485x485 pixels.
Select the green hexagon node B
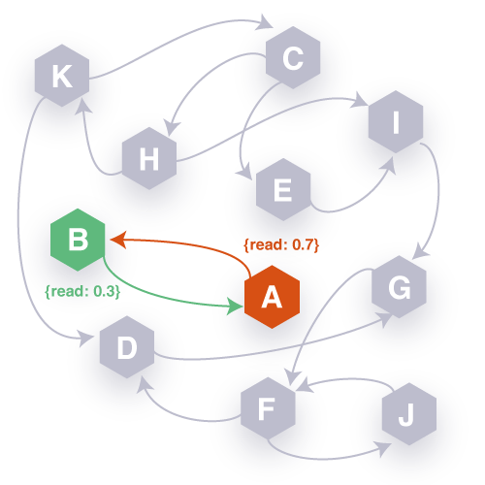pyautogui.click(x=78, y=239)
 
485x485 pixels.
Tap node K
pyautogui.click(x=61, y=77)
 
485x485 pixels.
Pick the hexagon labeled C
pyautogui.click(x=293, y=60)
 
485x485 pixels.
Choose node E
pyautogui.click(x=282, y=190)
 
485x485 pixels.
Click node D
pyautogui.click(x=127, y=348)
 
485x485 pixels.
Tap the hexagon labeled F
pyautogui.click(x=268, y=408)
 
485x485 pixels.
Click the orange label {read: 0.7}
pyautogui.click(x=281, y=244)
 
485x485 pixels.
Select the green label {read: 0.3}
pyautogui.click(x=81, y=290)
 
